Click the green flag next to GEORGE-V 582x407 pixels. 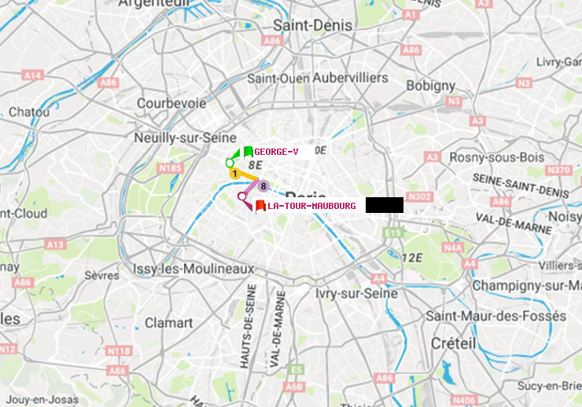pos(248,152)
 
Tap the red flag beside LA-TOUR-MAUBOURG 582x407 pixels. pos(260,206)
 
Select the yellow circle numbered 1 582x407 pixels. pos(234,173)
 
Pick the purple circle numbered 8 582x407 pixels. pos(263,186)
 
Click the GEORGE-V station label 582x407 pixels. pos(276,152)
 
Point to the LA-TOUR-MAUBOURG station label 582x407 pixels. pos(311,206)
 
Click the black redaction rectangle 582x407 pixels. pos(384,205)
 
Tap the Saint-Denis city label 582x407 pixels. pos(312,25)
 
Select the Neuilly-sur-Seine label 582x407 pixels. pos(175,137)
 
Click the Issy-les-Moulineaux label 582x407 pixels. pos(193,269)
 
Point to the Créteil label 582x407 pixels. pos(453,343)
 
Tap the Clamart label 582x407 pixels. pos(168,323)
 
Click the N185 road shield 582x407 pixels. pos(170,167)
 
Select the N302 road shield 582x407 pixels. pos(421,196)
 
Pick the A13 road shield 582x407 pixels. pos(55,244)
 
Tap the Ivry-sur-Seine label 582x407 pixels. pos(355,293)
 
